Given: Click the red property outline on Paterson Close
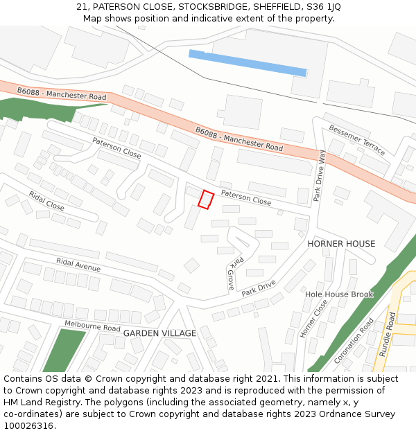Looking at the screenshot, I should (x=205, y=199).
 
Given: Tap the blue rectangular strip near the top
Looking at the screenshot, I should (x=248, y=62).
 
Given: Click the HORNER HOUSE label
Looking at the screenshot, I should (x=341, y=244).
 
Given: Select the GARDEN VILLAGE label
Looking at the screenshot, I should (x=159, y=333).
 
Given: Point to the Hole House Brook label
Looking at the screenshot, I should (x=339, y=294).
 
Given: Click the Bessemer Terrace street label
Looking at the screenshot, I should (x=356, y=139).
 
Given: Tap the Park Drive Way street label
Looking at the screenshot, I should (x=319, y=176).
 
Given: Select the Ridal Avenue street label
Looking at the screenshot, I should (x=78, y=264).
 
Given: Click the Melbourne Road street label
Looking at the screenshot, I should (x=92, y=326).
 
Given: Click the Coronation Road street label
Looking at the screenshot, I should (x=354, y=341).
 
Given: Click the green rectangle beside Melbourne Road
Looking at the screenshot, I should (x=62, y=351).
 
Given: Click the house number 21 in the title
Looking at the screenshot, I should (x=81, y=7).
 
